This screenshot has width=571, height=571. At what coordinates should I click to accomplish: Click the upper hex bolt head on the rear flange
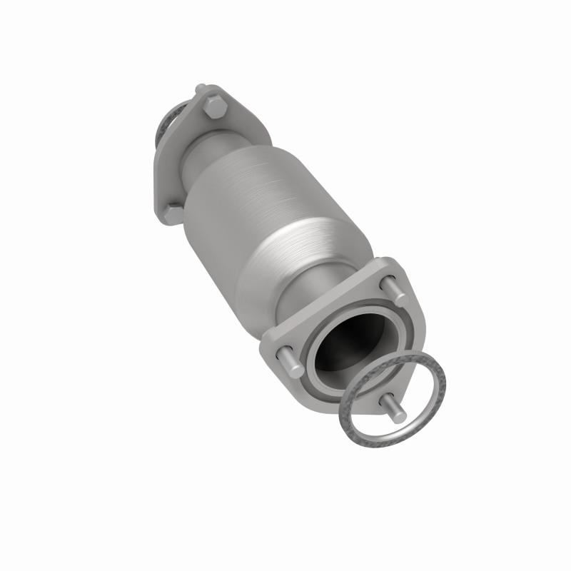pos(214,109)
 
